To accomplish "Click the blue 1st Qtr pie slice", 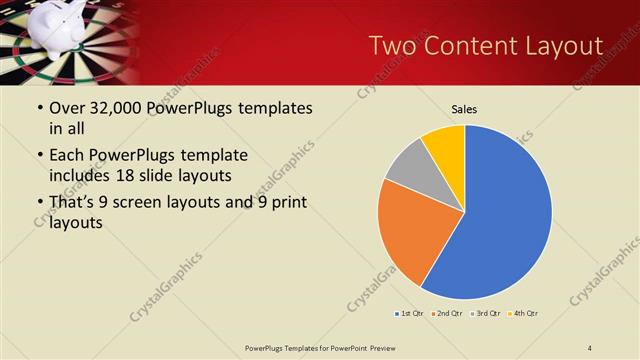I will click(x=505, y=215).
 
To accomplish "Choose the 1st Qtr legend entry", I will click(x=409, y=314).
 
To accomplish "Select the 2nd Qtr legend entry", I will click(x=445, y=314).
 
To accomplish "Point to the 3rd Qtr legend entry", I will click(x=484, y=314).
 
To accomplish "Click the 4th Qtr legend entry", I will click(x=522, y=314).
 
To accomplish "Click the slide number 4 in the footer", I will click(x=590, y=347).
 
